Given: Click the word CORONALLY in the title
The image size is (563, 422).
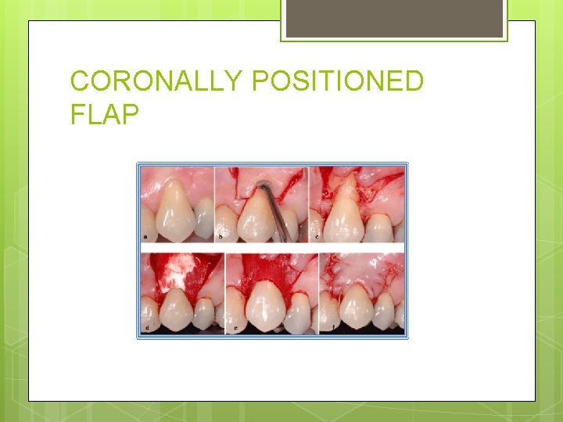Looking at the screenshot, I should [156, 81].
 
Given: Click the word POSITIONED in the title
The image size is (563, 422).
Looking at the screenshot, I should [338, 81].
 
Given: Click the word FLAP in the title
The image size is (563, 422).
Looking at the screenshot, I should [104, 115].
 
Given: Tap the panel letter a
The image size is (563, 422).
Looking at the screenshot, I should [145, 236].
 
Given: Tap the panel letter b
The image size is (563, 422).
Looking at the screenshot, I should [220, 236].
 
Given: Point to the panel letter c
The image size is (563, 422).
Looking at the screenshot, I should [315, 236].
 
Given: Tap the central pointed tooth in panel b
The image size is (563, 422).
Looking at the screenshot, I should [253, 215].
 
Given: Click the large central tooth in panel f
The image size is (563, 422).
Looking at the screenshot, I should [357, 306].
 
